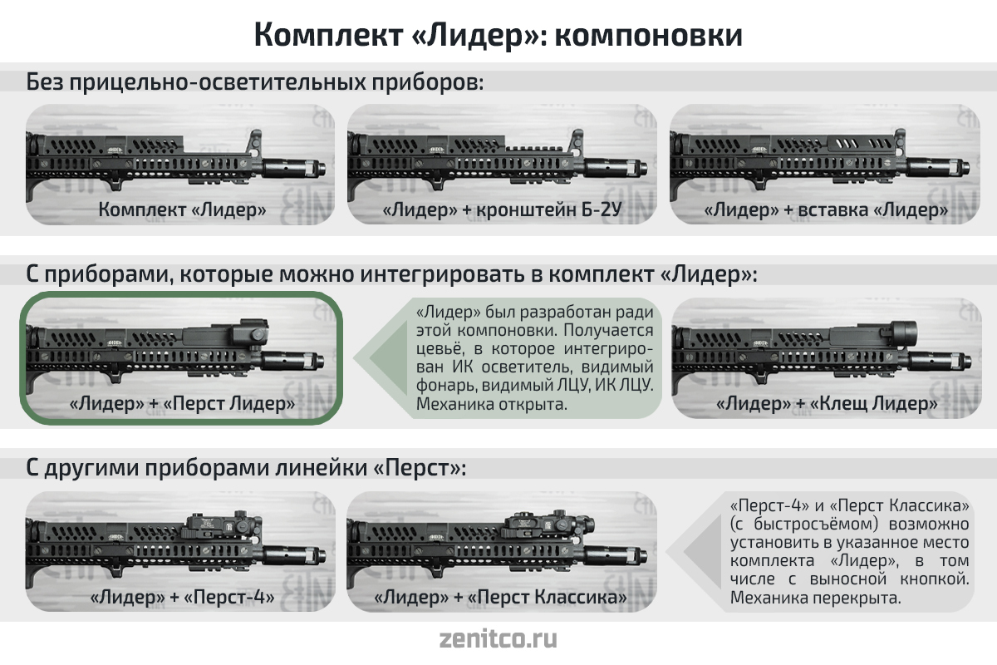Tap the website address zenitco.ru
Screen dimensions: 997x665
pyautogui.click(x=498, y=638)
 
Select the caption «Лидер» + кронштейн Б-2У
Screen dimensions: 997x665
pyautogui.click(x=502, y=209)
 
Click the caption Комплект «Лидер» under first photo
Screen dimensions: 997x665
pyautogui.click(x=182, y=209)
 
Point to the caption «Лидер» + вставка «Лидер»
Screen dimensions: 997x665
pyautogui.click(x=826, y=209)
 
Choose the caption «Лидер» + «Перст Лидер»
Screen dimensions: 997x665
pyautogui.click(x=182, y=403)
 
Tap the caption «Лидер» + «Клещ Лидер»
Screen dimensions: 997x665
pyautogui.click(x=827, y=403)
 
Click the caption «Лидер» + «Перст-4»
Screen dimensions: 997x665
pyautogui.click(x=182, y=597)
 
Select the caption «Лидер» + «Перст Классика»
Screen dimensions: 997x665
pyautogui.click(x=501, y=597)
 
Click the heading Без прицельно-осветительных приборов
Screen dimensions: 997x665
pyautogui.click(x=255, y=82)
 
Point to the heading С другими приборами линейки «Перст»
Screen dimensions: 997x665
pyautogui.click(x=246, y=468)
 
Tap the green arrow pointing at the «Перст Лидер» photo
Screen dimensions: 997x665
pyautogui.click(x=381, y=357)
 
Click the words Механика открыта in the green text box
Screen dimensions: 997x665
pyautogui.click(x=492, y=404)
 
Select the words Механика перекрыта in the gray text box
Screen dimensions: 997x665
pyautogui.click(x=815, y=598)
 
